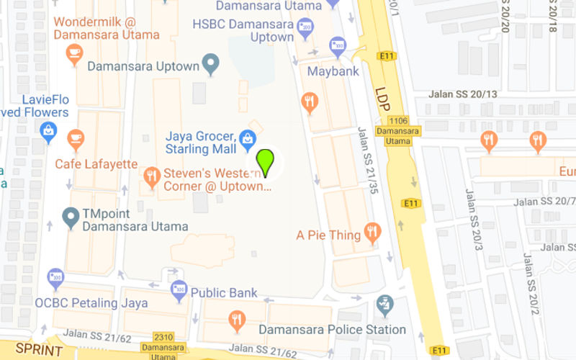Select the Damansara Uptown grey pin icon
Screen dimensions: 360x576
[210, 65]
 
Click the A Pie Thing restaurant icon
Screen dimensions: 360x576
[372, 231]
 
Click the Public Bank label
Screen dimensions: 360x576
[224, 293]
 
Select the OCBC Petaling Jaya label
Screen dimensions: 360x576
[91, 302]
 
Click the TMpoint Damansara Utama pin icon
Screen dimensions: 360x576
[71, 217]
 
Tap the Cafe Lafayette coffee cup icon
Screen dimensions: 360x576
[75, 138]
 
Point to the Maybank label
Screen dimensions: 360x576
[333, 71]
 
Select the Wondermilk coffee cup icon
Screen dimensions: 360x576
[74, 53]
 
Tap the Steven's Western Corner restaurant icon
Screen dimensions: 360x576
[151, 175]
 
